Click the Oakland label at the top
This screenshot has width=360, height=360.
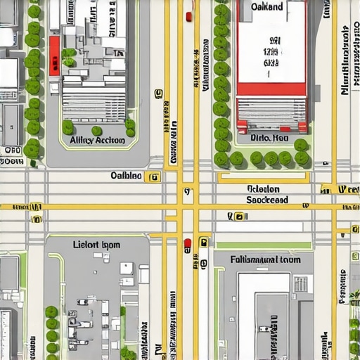(266, 6)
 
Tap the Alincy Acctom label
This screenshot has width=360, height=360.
(97, 141)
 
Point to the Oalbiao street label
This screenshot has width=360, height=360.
(127, 176)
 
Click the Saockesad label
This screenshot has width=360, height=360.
(267, 200)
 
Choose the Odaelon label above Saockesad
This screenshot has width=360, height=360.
(264, 189)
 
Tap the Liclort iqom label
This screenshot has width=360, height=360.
(96, 245)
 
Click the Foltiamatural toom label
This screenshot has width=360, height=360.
(266, 259)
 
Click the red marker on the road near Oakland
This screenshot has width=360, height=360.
(188, 16)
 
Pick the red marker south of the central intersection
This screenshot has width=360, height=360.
(187, 245)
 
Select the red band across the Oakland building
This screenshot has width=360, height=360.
(271, 89)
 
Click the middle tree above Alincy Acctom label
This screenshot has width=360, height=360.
(97, 131)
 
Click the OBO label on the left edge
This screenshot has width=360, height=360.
(12, 150)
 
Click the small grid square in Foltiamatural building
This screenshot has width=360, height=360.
(300, 283)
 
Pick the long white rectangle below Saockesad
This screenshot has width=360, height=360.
(259, 227)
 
